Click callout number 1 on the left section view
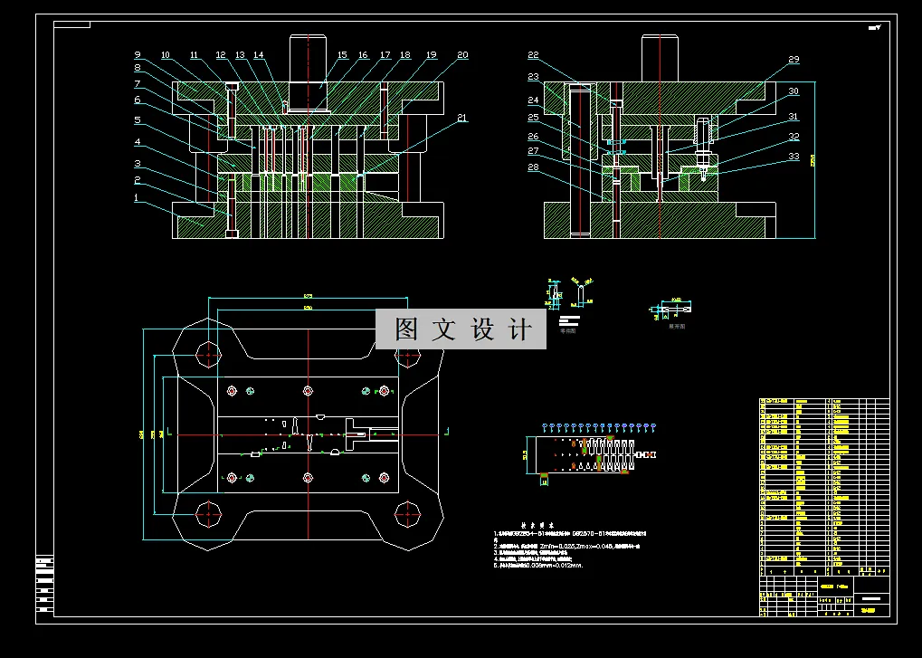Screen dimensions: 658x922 [x=137, y=197]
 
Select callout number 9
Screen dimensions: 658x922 [x=138, y=54]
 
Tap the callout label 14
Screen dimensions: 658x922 [x=259, y=56]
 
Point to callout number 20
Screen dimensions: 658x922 [x=462, y=55]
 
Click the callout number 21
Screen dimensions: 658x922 [x=462, y=119]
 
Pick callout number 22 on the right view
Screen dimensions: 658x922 [x=533, y=56]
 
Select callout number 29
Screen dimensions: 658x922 [x=794, y=61]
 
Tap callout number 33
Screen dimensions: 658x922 [x=794, y=157]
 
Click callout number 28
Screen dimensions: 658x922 [x=533, y=167]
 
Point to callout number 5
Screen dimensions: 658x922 [x=138, y=120]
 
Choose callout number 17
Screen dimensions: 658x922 [x=385, y=56]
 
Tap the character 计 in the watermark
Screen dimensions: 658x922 [x=522, y=329]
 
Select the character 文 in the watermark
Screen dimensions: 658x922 [x=444, y=329]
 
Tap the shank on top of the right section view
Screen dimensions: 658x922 [x=661, y=58]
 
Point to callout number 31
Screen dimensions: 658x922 [x=794, y=117]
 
